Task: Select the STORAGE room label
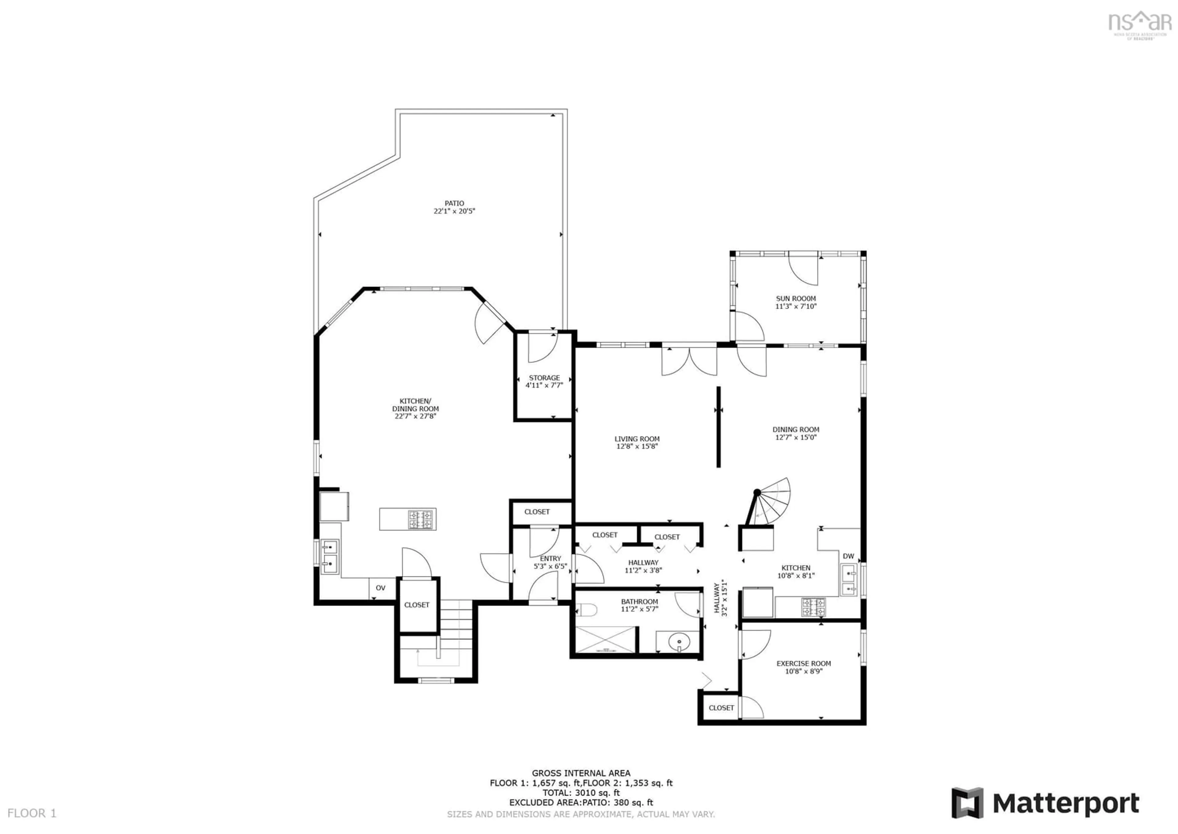coord(544,378)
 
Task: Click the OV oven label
coord(380,588)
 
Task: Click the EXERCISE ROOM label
coord(803,664)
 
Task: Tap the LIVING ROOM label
coord(637,439)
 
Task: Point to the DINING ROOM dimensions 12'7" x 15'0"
coord(795,437)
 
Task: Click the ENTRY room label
coord(550,558)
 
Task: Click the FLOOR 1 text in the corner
coord(32,813)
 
